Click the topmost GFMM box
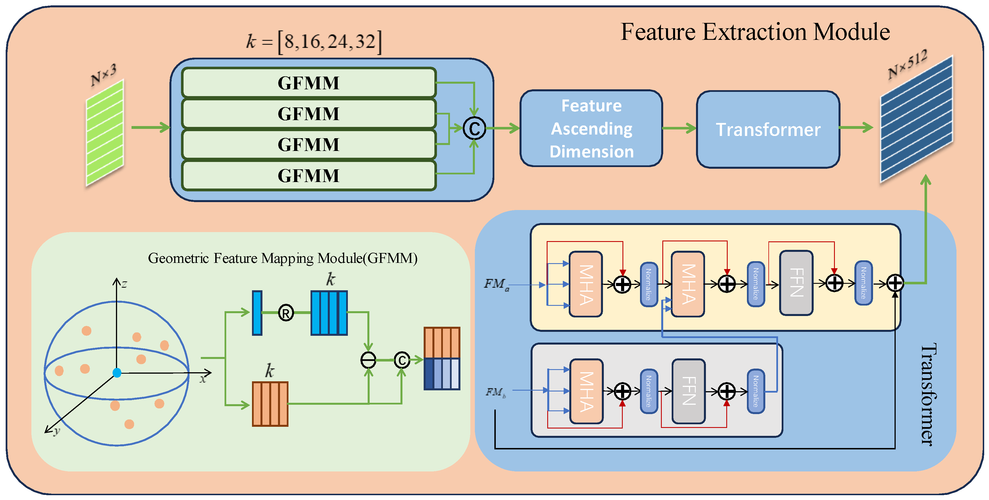point(309,83)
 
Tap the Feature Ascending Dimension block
point(591,128)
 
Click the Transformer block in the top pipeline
point(768,129)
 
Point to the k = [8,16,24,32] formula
point(314,42)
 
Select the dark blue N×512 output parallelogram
point(916,119)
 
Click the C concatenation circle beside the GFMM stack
point(474,128)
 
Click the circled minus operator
point(368,360)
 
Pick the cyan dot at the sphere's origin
point(117,372)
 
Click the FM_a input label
point(496,284)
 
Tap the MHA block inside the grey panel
point(586,391)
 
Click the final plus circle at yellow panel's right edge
point(895,283)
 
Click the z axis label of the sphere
point(124,284)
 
